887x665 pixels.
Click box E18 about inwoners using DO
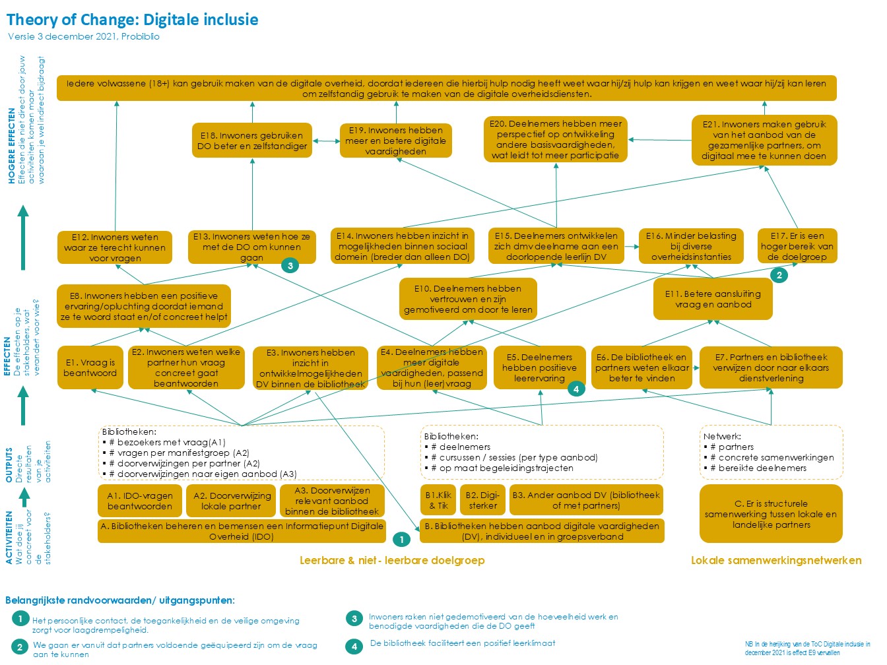(x=252, y=141)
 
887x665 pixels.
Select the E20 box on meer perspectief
(x=555, y=140)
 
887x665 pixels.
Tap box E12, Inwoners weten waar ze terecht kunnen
(x=115, y=247)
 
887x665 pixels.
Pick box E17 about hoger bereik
(x=797, y=246)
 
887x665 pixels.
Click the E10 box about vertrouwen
(x=467, y=299)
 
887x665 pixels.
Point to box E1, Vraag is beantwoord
(x=90, y=367)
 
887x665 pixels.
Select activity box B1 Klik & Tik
(x=438, y=501)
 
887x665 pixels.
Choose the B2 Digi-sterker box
(x=482, y=501)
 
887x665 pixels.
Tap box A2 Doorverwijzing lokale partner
(x=231, y=501)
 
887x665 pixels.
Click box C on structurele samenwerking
(x=770, y=514)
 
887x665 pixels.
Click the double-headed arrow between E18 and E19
(x=326, y=141)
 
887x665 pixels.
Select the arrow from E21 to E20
(x=659, y=140)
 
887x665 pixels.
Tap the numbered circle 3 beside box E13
(x=290, y=265)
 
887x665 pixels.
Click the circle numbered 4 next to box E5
(x=575, y=389)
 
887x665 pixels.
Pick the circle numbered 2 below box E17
(x=779, y=275)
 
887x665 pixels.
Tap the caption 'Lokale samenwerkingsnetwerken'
(x=775, y=560)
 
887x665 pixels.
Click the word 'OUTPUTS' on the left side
(x=9, y=465)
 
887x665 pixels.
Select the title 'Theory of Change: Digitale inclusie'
(x=133, y=20)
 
